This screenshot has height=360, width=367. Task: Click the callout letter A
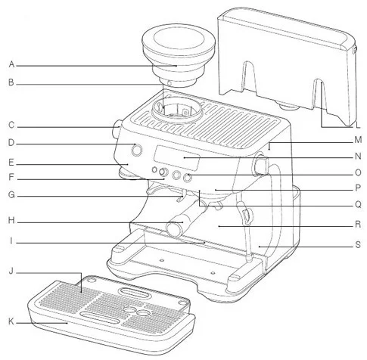pos(11,64)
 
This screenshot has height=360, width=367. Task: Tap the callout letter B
pos(11,82)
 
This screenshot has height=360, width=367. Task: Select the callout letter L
pos(358,125)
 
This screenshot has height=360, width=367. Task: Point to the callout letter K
pos(11,321)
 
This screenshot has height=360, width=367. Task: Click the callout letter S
pos(358,244)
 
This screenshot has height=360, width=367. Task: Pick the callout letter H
pos(11,220)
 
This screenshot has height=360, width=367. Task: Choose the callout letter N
pos(358,157)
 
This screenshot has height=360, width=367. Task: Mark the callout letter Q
pos(358,204)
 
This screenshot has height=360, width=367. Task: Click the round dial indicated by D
pos(136,150)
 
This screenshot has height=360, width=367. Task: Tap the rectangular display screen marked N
pos(177,158)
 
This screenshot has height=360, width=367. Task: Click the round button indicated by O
pos(187,178)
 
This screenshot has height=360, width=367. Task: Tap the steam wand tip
pos(249,258)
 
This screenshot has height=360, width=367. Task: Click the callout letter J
pos(11,272)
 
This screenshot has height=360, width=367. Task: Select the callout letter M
pos(358,140)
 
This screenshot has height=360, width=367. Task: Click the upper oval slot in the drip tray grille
pos(132,293)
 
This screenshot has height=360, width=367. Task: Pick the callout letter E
pos(11,163)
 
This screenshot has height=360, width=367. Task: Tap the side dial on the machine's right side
pos(260,165)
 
